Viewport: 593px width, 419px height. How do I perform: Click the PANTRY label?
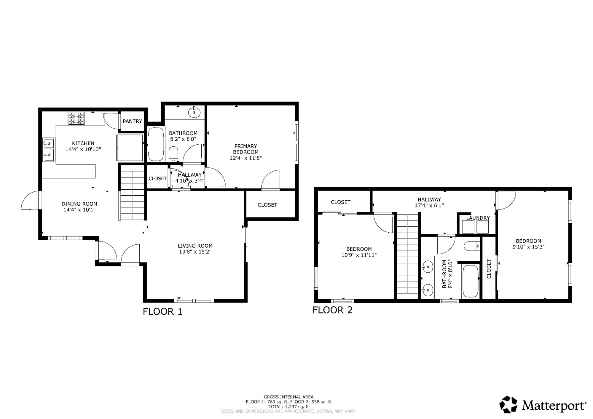click(x=132, y=121)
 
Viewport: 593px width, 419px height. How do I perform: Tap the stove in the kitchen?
click(x=76, y=118)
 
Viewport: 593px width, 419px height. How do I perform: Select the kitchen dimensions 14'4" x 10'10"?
click(x=83, y=149)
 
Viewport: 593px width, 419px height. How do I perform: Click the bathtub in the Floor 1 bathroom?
click(x=156, y=144)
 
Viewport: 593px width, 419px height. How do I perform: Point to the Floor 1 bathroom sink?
click(x=194, y=112)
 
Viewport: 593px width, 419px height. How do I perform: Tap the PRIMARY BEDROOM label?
click(x=246, y=149)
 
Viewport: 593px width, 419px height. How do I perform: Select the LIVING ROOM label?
click(x=195, y=246)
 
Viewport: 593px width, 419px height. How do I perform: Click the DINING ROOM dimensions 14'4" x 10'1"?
click(x=79, y=210)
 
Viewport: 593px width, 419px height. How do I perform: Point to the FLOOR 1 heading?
click(x=162, y=311)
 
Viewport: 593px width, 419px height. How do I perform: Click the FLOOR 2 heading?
click(x=333, y=310)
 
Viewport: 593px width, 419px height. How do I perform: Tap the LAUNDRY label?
click(x=478, y=218)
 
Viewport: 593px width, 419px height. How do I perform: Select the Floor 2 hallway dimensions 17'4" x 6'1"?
click(x=429, y=205)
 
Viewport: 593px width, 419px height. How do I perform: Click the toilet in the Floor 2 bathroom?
click(x=472, y=246)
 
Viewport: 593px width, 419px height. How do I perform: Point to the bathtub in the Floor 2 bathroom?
click(x=470, y=281)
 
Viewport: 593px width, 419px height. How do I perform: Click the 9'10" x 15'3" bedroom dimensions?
click(x=528, y=247)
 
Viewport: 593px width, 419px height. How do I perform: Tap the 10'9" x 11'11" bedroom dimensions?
click(x=359, y=255)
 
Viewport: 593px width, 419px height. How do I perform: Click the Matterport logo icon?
click(x=509, y=405)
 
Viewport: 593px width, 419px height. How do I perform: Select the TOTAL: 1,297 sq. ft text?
click(x=288, y=407)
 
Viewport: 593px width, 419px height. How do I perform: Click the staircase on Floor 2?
click(x=408, y=256)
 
